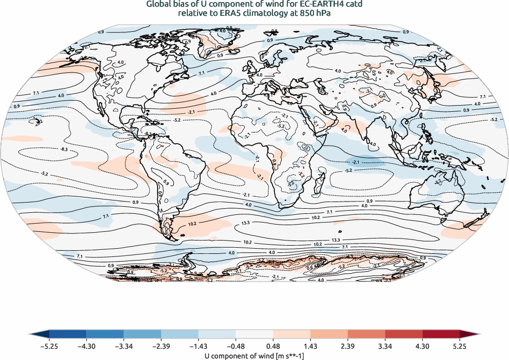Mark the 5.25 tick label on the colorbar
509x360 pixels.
[459, 346]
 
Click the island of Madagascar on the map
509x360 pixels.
[322, 178]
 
